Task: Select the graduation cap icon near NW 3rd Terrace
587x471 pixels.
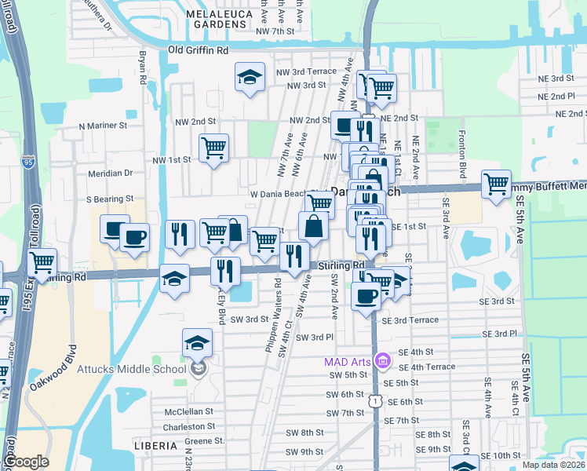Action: click(250, 78)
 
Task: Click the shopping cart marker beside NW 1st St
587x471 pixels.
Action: click(213, 148)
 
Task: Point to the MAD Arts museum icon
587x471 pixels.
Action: click(382, 361)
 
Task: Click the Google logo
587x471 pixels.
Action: click(25, 462)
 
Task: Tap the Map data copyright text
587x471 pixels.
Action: click(554, 465)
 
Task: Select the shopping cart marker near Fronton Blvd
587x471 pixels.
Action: click(496, 184)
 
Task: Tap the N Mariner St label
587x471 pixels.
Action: click(103, 126)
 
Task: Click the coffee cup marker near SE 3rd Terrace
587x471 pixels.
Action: click(366, 297)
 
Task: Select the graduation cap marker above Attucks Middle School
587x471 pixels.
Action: click(197, 343)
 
